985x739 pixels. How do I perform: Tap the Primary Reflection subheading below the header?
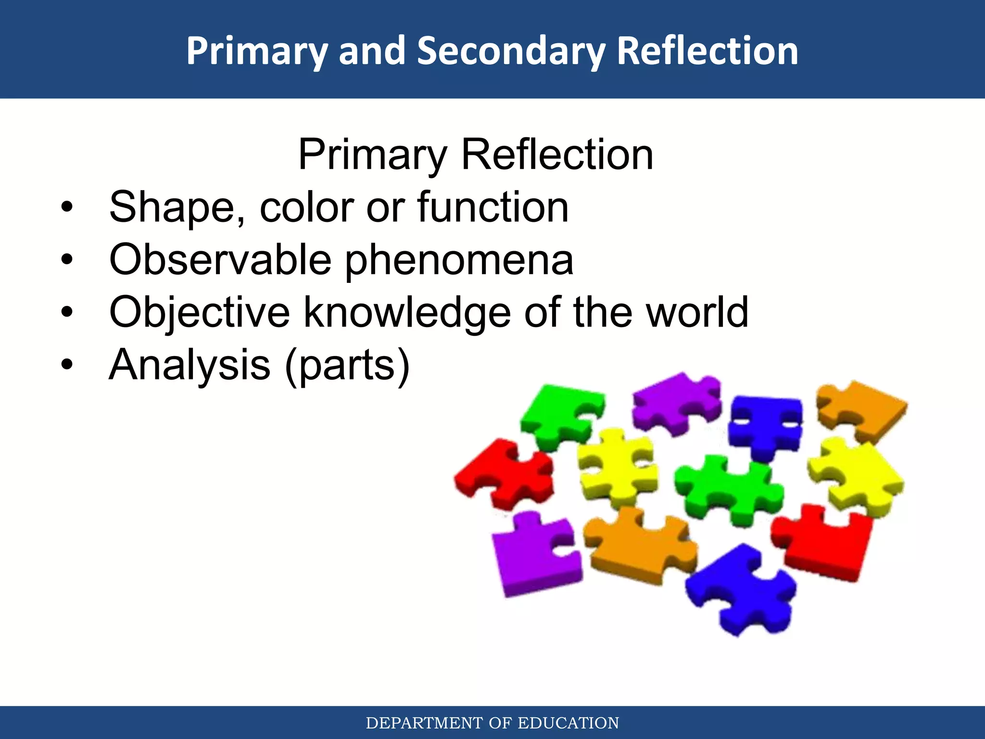point(475,154)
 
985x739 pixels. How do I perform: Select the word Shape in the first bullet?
point(176,207)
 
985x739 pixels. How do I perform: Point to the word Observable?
point(220,260)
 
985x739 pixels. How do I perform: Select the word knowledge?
point(407,313)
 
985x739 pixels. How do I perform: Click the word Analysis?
point(189,365)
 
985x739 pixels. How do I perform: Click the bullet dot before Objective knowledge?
point(67,313)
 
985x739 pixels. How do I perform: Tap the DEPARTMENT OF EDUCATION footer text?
point(492,723)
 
